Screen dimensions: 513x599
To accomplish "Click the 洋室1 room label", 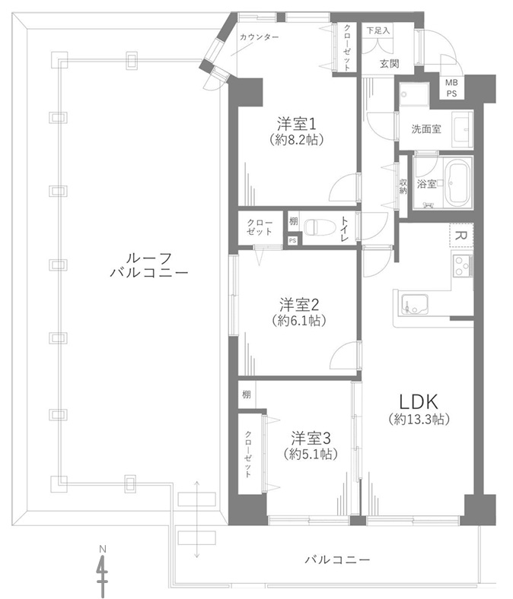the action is click(x=297, y=123).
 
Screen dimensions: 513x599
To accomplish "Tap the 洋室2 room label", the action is click(x=299, y=305).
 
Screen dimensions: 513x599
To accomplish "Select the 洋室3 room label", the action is click(x=311, y=438).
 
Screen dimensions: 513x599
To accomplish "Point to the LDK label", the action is click(x=419, y=401).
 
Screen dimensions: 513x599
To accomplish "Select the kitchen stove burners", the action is click(x=463, y=265).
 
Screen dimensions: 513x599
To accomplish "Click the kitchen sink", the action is click(x=414, y=305).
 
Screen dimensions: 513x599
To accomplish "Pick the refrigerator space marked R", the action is click(x=462, y=236).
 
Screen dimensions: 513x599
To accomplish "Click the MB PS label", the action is click(x=451, y=88).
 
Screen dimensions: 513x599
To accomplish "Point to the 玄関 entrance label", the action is click(x=389, y=63).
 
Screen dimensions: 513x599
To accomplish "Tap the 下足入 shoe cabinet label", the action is click(x=378, y=31).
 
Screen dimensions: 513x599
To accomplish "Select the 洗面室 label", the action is click(x=426, y=129).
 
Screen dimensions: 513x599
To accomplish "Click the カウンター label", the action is click(x=259, y=37).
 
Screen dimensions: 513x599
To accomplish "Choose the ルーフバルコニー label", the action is click(x=149, y=265).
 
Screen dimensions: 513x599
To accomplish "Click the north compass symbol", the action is click(x=102, y=572).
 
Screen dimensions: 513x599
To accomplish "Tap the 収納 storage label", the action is click(x=403, y=186).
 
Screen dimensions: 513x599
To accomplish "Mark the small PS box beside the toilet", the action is click(x=292, y=241).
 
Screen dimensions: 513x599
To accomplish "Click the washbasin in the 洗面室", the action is click(x=462, y=129).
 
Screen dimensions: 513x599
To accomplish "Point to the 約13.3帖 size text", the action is click(x=419, y=420).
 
